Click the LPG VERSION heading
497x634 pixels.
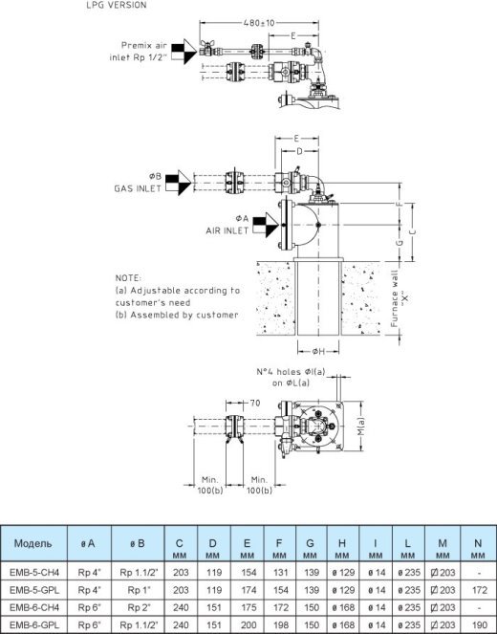117,5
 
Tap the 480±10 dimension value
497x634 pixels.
259,23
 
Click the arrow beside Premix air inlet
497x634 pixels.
184,52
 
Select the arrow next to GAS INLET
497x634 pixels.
178,183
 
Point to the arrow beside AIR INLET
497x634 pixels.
266,225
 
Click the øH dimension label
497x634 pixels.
318,351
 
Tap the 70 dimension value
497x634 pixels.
255,403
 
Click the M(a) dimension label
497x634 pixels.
360,426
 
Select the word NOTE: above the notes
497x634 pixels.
128,278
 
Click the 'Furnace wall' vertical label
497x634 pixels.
395,298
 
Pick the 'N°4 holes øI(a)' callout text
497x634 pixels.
291,372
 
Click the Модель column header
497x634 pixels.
32,543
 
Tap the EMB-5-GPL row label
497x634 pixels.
34,590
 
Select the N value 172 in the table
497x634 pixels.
479,590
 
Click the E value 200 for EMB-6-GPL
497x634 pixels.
248,624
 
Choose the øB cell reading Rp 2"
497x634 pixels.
139,607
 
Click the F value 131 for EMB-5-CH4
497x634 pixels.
280,573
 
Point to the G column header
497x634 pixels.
310,543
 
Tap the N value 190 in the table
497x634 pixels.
479,624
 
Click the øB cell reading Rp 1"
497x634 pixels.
139,590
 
